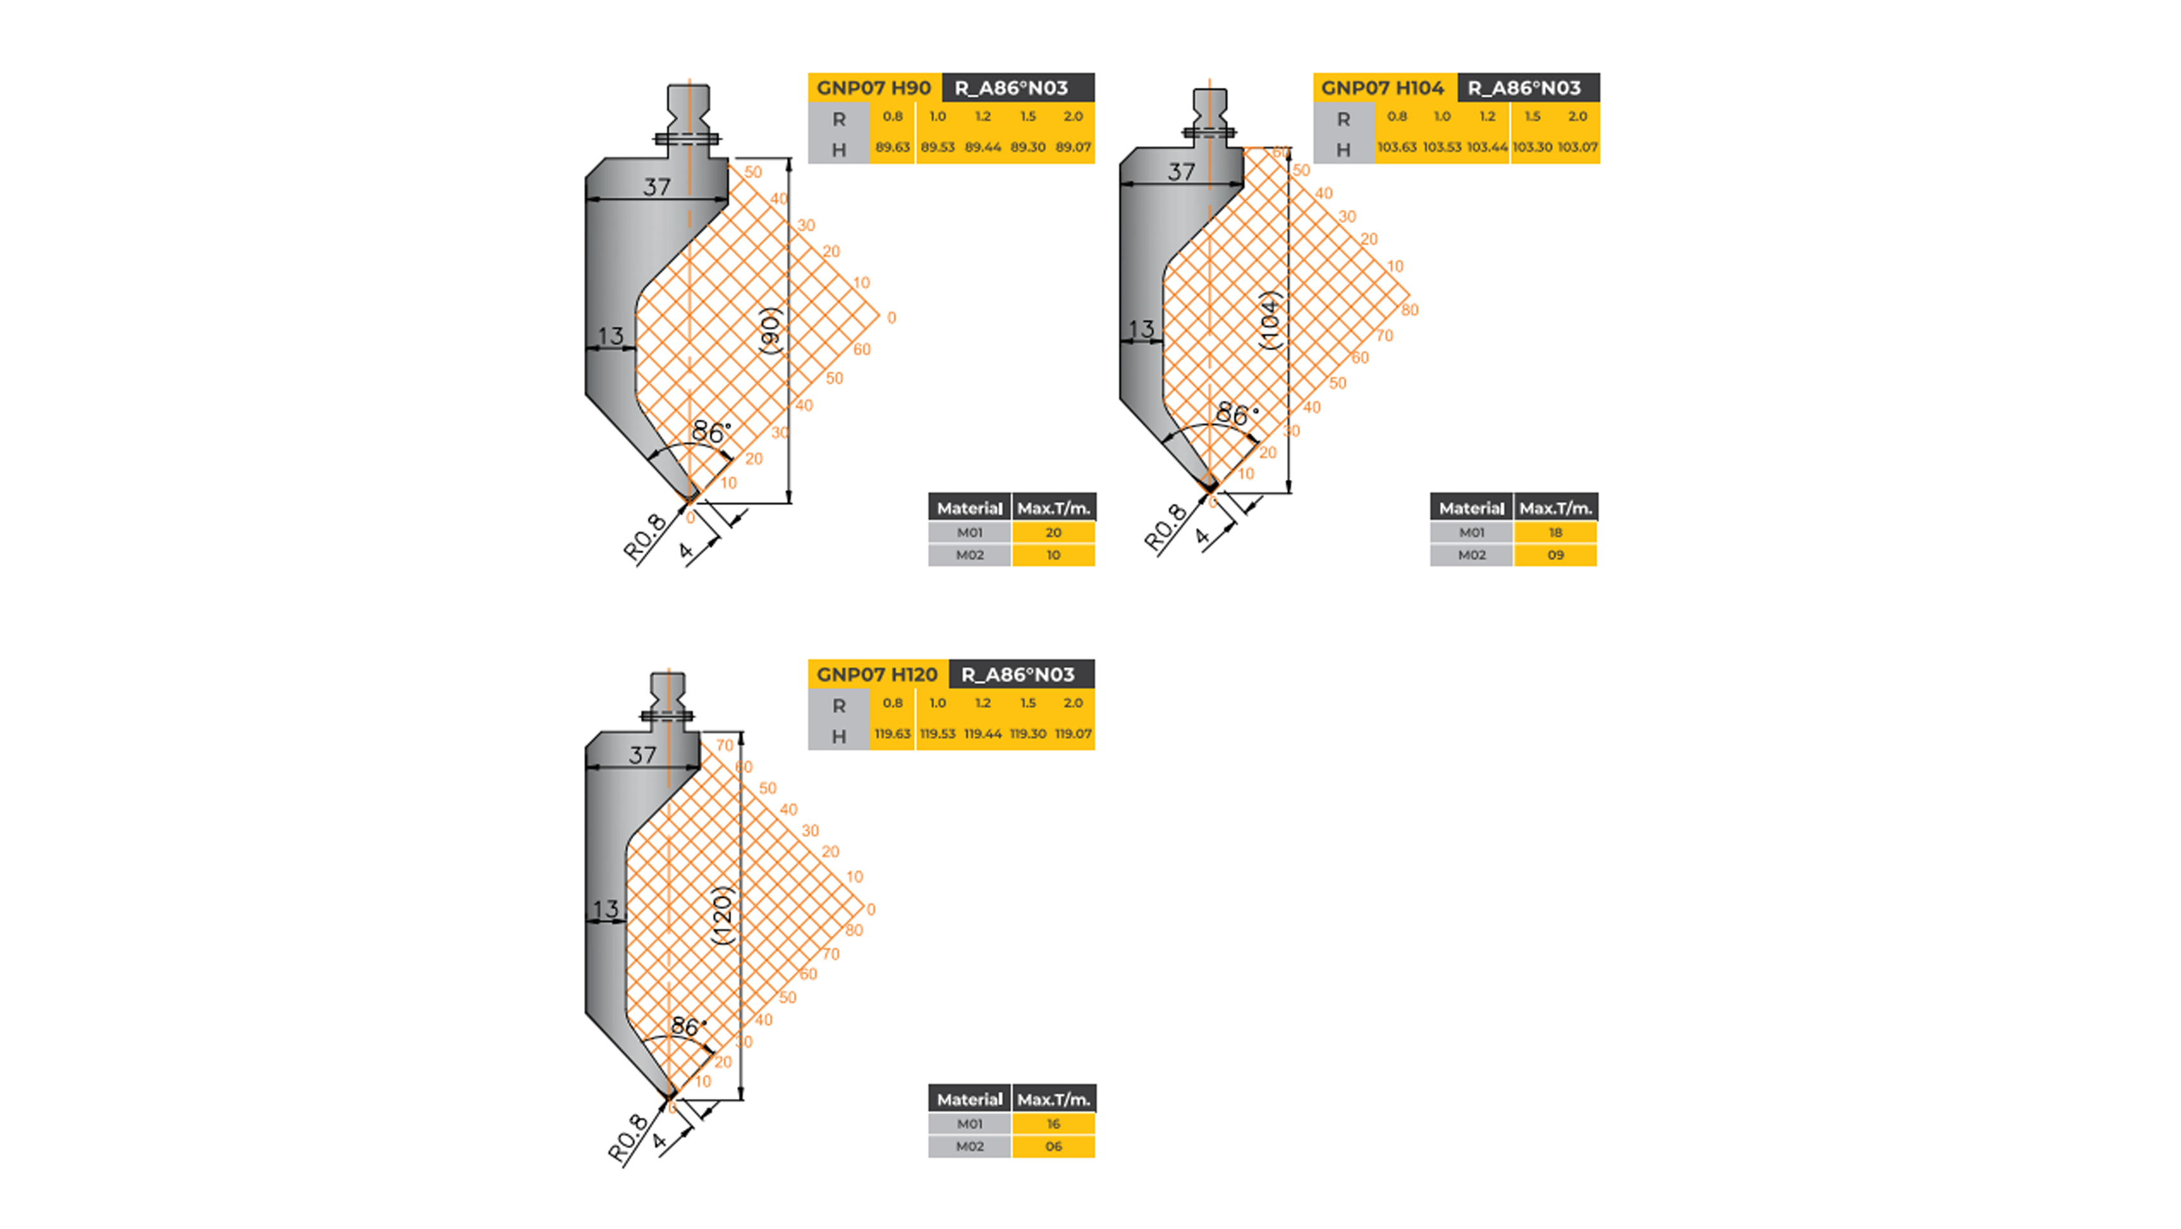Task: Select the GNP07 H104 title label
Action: [x=1382, y=87]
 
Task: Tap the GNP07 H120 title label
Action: [x=876, y=674]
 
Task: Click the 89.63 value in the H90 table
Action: [x=892, y=147]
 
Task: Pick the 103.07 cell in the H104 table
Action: [x=1577, y=147]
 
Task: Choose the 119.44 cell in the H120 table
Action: [x=982, y=734]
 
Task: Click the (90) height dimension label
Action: [x=770, y=330]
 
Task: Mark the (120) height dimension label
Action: [x=722, y=915]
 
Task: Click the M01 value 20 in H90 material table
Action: [x=1052, y=533]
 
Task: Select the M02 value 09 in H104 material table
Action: [x=1555, y=555]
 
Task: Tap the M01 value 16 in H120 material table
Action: [x=1052, y=1124]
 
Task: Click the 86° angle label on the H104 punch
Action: [x=1234, y=414]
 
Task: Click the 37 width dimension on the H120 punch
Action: [x=642, y=755]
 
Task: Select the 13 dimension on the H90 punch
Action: [x=610, y=336]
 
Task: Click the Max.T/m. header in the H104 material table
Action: [x=1555, y=508]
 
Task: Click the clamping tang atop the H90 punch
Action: [x=688, y=115]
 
